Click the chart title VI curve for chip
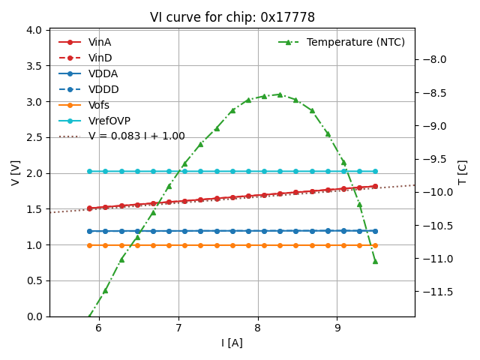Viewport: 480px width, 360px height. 232,17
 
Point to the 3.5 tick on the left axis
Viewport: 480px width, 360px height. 33,65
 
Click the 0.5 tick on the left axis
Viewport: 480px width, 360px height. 33,280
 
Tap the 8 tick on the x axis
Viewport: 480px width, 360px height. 257,328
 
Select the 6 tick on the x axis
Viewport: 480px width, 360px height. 98,328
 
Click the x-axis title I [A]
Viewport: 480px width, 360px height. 232,343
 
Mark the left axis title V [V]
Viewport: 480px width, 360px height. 15,172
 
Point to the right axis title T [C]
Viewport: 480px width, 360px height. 463,172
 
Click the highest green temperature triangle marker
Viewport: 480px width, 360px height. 280,94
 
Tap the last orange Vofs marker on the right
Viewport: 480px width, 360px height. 375,245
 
